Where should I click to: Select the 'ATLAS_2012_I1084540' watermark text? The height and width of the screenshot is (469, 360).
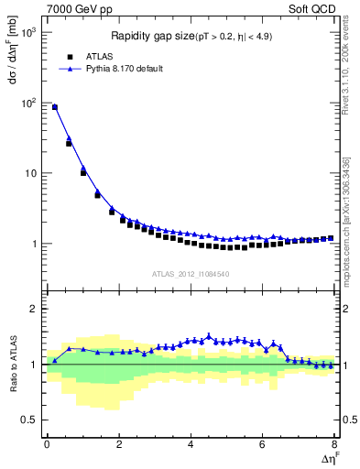(x=191, y=274)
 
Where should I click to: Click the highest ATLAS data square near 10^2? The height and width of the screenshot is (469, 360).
(x=55, y=107)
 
